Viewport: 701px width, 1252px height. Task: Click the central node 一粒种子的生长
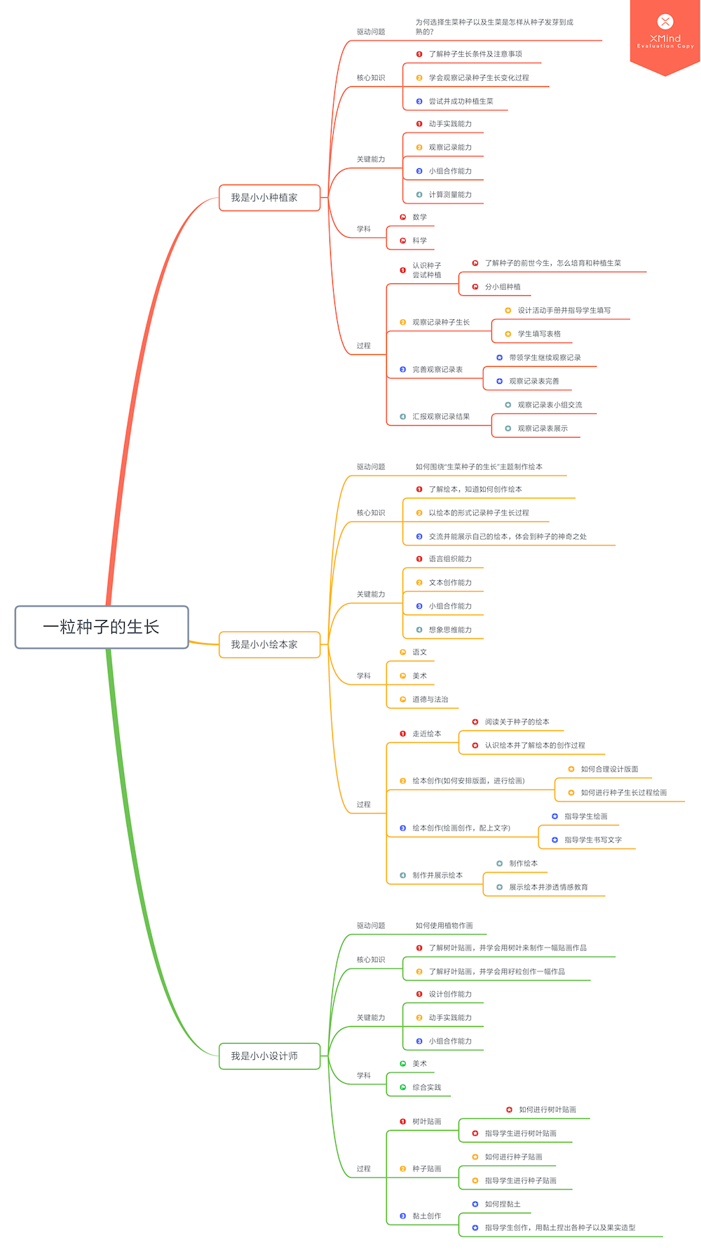pyautogui.click(x=102, y=627)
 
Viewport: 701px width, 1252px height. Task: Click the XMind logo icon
pyautogui.click(x=665, y=22)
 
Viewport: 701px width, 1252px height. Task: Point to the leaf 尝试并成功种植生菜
pyautogui.click(x=461, y=101)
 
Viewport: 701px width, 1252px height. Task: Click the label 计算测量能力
pyautogui.click(x=450, y=194)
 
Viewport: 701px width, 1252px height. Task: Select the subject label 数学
pyautogui.click(x=419, y=217)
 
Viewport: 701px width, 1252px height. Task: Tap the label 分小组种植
pyautogui.click(x=503, y=287)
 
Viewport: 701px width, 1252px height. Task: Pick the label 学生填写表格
pyautogui.click(x=539, y=334)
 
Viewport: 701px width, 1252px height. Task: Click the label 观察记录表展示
pyautogui.click(x=543, y=429)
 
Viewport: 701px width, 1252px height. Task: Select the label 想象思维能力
pyautogui.click(x=450, y=630)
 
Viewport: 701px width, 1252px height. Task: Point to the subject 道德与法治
pyautogui.click(x=430, y=699)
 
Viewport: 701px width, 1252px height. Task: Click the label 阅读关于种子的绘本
pyautogui.click(x=517, y=722)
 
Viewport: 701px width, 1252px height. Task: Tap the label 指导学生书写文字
pyautogui.click(x=593, y=840)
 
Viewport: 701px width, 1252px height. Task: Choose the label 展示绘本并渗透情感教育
pyautogui.click(x=548, y=887)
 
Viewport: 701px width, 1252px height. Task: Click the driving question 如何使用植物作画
pyautogui.click(x=444, y=926)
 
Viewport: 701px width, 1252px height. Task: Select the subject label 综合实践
pyautogui.click(x=426, y=1087)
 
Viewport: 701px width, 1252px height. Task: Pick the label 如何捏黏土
pyautogui.click(x=503, y=1204)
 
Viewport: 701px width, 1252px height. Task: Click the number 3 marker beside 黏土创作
pyautogui.click(x=403, y=1216)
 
